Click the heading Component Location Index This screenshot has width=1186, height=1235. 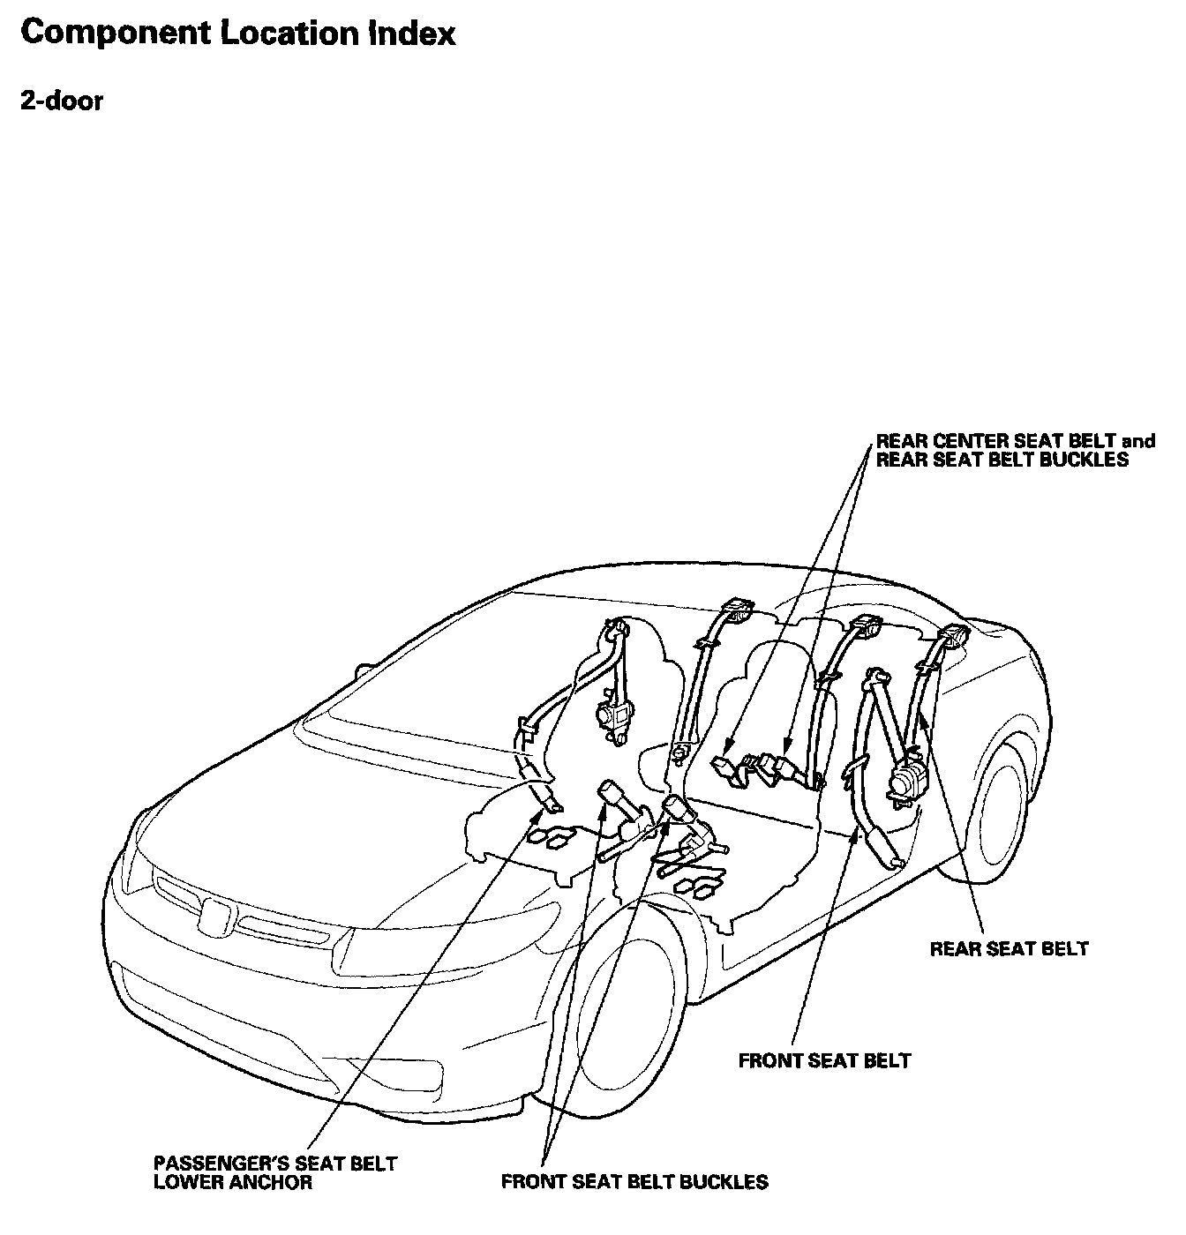[x=237, y=34]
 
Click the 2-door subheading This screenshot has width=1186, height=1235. [x=62, y=101]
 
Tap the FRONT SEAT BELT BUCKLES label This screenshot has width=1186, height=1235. [x=634, y=1181]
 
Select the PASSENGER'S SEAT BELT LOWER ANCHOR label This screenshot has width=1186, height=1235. [x=275, y=1172]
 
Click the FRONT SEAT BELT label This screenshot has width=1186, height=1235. [x=824, y=1059]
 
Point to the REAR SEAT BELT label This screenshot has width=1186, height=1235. [x=1010, y=949]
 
